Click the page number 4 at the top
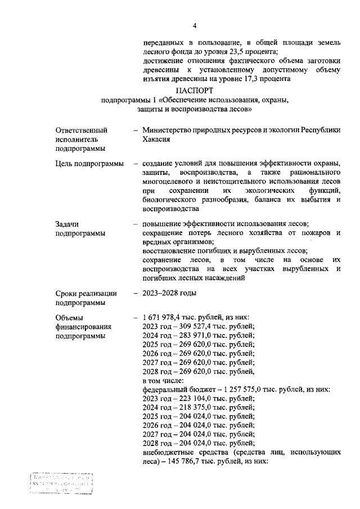(195, 25)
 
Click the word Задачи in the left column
(67, 223)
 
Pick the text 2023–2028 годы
(169, 292)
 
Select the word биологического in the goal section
(171, 200)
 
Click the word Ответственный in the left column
(81, 130)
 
